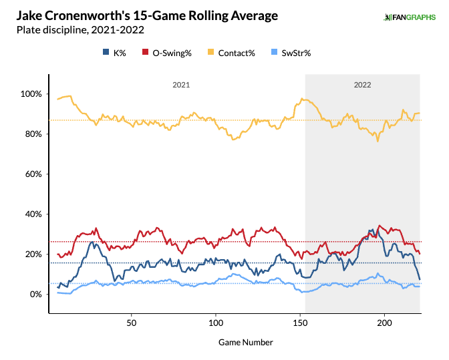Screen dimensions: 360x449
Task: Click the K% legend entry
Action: (116, 51)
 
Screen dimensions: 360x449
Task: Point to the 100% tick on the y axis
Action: (31, 94)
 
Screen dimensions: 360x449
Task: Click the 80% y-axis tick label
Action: (33, 134)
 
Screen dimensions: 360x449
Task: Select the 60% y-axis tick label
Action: (33, 174)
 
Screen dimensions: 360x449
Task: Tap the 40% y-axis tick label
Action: (33, 214)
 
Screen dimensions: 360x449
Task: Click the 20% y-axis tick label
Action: (33, 254)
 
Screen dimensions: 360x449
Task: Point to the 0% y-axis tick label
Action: (35, 295)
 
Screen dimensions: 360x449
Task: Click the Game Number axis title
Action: (245, 342)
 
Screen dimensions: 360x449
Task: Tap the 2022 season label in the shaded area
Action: (363, 85)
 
